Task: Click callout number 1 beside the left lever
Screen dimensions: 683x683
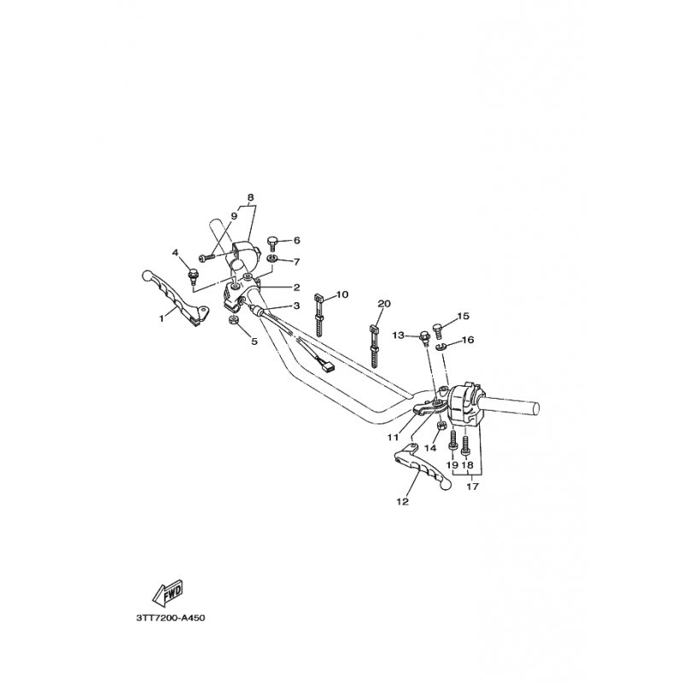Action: [x=161, y=318]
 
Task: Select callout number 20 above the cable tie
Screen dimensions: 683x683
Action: [x=383, y=304]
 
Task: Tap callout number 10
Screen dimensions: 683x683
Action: [x=342, y=295]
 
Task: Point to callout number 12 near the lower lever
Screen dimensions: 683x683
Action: [x=402, y=502]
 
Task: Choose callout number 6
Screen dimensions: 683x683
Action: [x=297, y=241]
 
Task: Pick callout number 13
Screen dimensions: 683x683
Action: [x=397, y=336]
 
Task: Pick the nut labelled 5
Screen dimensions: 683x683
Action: [x=232, y=321]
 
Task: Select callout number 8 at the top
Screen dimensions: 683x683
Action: [x=250, y=198]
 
